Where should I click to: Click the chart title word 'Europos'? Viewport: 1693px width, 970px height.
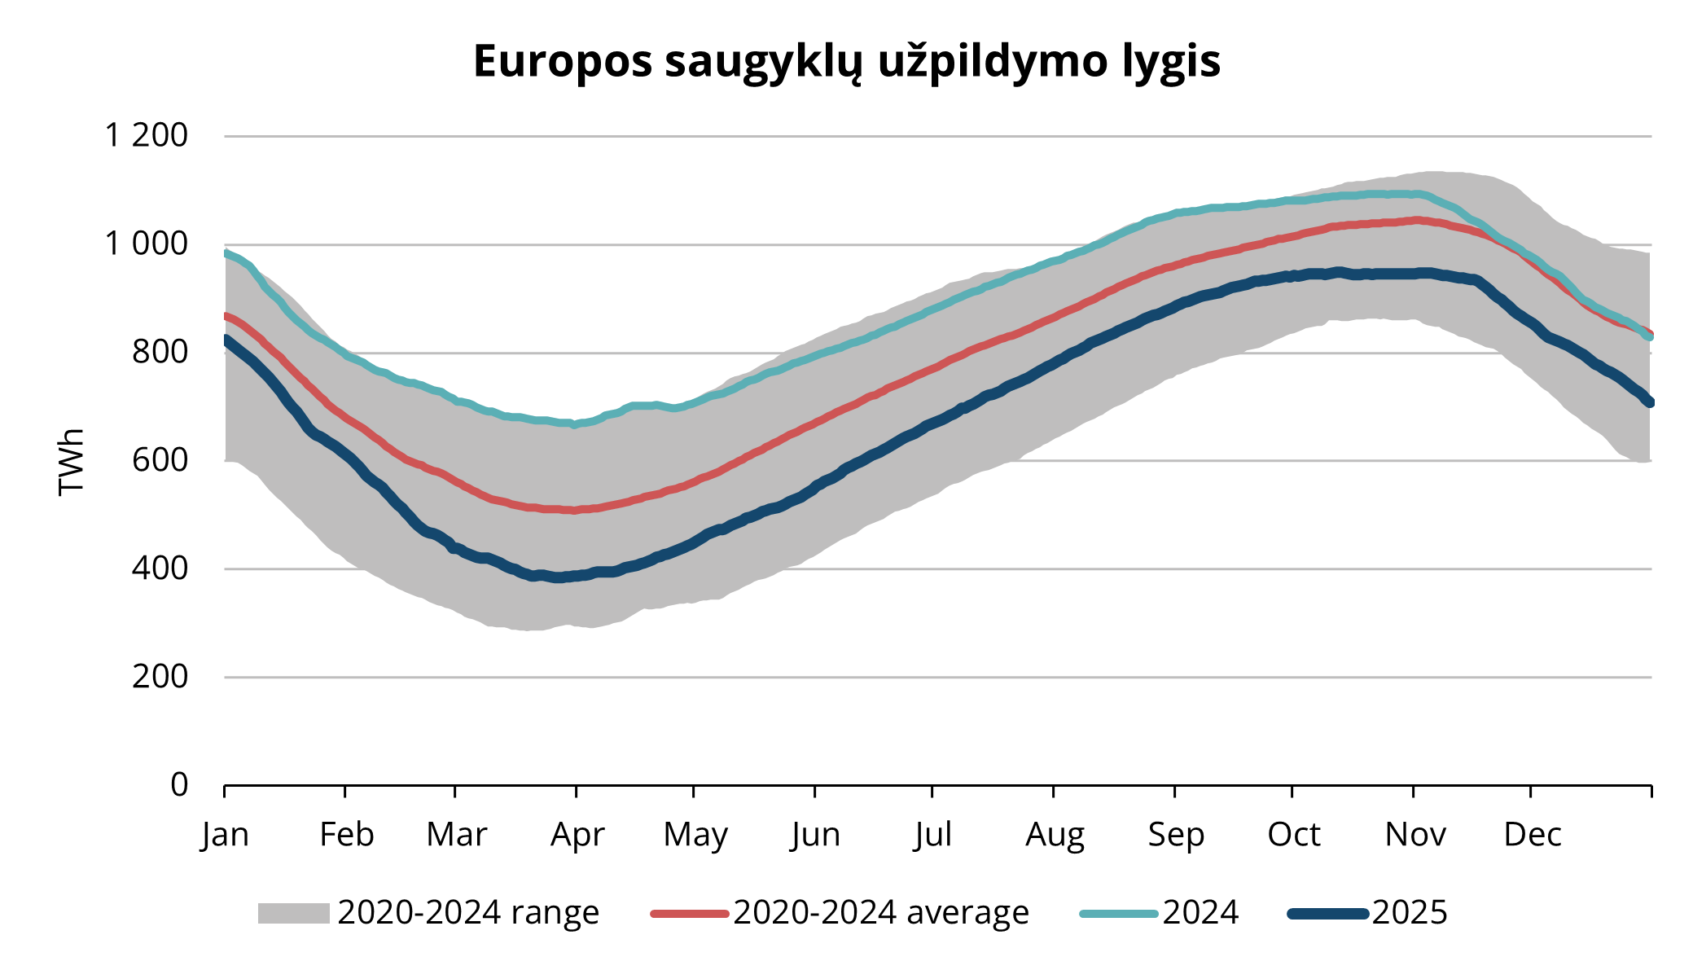click(x=563, y=62)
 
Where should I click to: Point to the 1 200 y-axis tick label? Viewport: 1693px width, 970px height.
click(x=147, y=135)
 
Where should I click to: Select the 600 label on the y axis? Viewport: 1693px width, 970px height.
click(x=160, y=460)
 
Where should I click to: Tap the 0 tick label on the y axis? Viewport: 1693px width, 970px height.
click(x=179, y=784)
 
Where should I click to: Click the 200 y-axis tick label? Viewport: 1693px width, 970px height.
click(x=160, y=676)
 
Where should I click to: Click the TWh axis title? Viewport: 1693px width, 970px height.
click(x=72, y=461)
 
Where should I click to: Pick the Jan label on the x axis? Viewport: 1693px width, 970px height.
click(x=225, y=835)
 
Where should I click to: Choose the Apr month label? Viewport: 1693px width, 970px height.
click(x=577, y=835)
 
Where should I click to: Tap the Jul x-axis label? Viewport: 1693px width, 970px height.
click(x=932, y=835)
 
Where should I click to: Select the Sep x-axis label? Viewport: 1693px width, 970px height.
click(x=1175, y=835)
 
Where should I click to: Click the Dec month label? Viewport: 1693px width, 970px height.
click(x=1532, y=835)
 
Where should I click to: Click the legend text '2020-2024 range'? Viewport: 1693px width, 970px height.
click(x=468, y=913)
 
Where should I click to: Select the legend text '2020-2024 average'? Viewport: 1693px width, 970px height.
click(x=880, y=913)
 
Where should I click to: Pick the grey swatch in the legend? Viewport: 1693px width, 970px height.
click(x=293, y=913)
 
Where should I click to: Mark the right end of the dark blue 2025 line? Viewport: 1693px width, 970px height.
click(x=1650, y=402)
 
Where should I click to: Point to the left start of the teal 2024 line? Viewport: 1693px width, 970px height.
click(x=226, y=252)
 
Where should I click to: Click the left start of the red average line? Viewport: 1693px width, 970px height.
click(x=226, y=315)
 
